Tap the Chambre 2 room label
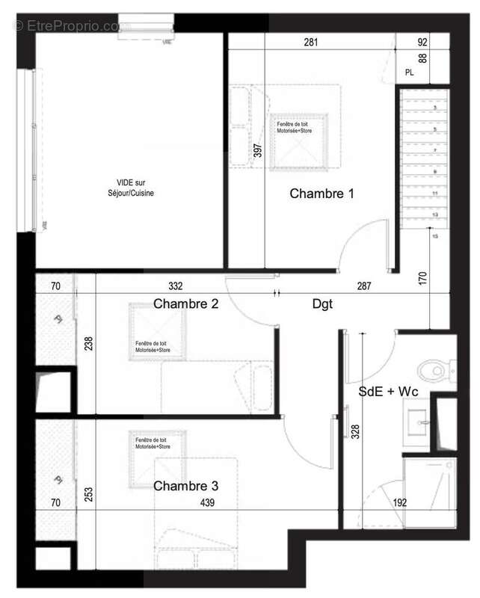click(185, 304)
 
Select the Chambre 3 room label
click(185, 486)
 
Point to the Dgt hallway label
click(322, 304)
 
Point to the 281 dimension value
click(312, 43)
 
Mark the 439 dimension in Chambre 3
click(207, 503)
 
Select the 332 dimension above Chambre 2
click(176, 285)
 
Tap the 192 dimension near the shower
click(400, 503)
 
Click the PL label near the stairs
click(409, 73)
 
